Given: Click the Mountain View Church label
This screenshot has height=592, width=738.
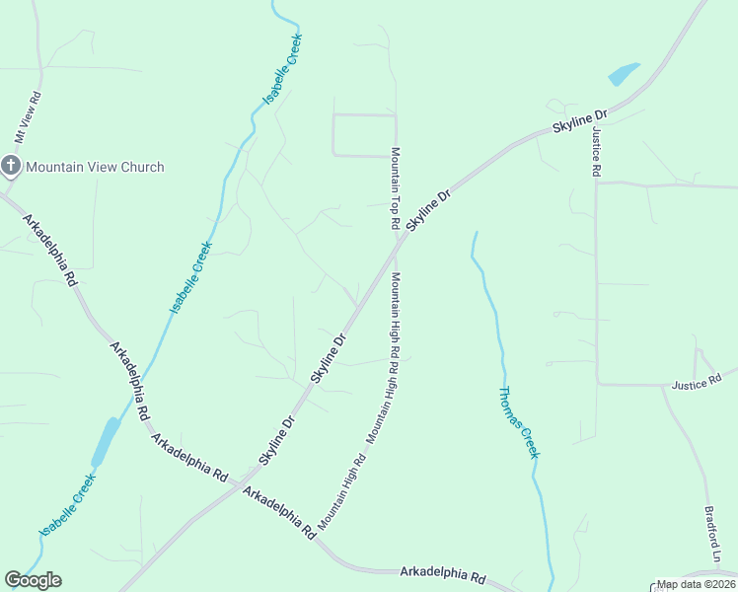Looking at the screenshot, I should coord(95,167).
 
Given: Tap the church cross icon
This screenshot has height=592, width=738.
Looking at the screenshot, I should coord(11,166).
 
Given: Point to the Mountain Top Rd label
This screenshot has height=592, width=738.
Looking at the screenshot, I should coord(395,188).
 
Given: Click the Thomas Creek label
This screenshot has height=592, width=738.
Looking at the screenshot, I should coord(518,422).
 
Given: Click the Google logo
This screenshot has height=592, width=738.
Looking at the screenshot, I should coord(33,580).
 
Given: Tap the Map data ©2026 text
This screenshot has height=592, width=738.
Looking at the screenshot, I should coord(697,584).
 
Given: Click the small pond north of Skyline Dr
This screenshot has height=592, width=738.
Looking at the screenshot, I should coord(624,74).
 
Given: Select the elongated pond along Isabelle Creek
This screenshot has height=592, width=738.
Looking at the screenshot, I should coord(105,441).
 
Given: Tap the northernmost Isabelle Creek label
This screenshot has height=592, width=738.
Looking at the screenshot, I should coord(282,70).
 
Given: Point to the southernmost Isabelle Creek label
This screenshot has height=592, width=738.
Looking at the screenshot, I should coord(67,505).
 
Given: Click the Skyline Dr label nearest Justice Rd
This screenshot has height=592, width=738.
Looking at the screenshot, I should coord(579,122).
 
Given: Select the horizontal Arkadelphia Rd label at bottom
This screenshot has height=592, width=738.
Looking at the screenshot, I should coord(443,574).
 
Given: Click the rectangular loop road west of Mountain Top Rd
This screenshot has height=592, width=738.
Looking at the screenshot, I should coord(364,135).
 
